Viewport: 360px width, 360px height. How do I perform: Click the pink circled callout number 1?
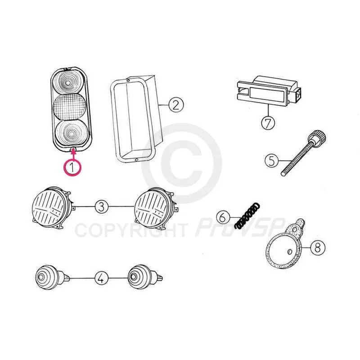72,167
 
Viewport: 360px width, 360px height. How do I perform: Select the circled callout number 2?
176,105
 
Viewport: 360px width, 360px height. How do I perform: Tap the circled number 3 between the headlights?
102,207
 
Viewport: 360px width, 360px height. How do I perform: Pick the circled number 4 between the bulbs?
101,278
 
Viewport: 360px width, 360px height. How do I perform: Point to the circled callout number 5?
272,160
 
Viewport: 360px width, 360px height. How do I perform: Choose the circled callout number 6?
223,217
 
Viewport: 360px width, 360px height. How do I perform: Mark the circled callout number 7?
268,123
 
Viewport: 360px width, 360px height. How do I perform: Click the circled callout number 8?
318,248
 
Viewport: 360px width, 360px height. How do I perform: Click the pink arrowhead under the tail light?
73,151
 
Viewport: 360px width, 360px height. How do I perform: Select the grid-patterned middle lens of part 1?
70,107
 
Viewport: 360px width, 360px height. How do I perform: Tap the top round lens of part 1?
68,81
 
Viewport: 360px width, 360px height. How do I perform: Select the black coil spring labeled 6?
247,216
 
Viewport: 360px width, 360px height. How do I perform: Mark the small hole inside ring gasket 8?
290,252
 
